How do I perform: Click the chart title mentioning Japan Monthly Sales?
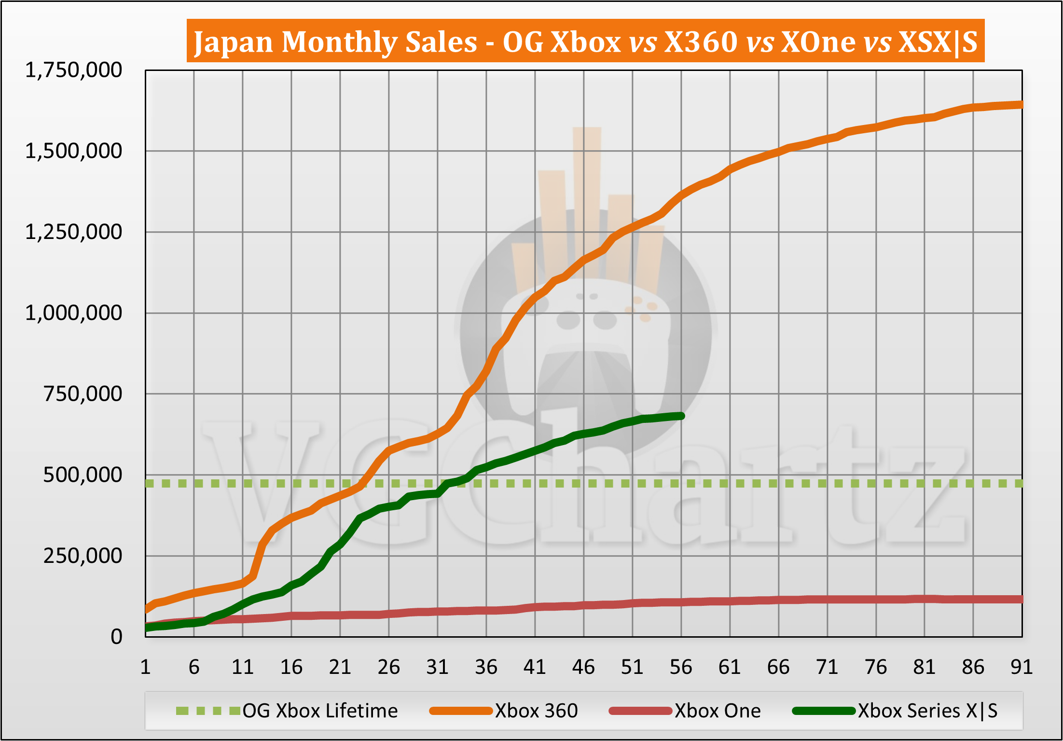point(585,42)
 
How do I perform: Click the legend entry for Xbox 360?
point(536,711)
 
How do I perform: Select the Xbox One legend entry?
point(717,711)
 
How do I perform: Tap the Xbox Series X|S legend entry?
point(927,711)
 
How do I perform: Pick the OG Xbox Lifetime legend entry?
point(320,711)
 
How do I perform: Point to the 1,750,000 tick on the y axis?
point(73,70)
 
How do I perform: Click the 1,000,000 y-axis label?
point(73,313)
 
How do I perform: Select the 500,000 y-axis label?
point(83,475)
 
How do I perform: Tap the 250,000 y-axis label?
point(83,556)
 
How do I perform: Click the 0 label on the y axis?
point(116,637)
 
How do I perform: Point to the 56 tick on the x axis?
point(681,667)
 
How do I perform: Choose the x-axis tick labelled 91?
point(1022,667)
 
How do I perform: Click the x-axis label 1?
point(145,667)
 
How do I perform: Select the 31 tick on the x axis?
point(437,667)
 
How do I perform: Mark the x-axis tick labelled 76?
point(876,667)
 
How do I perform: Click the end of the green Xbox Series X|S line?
point(681,416)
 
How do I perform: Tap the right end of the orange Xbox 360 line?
point(1021,105)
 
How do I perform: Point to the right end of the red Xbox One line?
point(1021,599)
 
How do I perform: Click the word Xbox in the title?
point(585,42)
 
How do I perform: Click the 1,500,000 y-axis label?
point(73,151)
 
